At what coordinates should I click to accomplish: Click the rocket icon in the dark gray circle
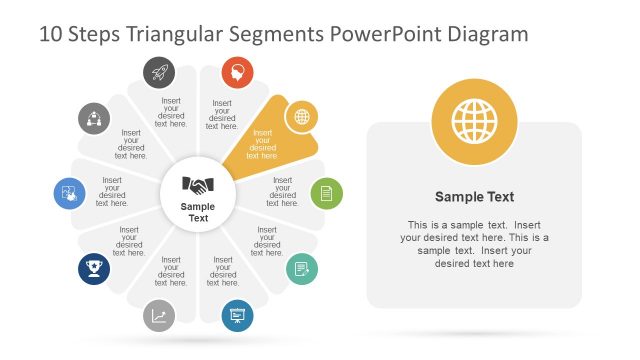pyautogui.click(x=159, y=71)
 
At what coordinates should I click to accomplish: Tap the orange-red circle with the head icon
pyautogui.click(x=237, y=71)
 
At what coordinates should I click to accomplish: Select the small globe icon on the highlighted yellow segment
pyautogui.click(x=301, y=116)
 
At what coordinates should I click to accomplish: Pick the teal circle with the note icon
pyautogui.click(x=301, y=269)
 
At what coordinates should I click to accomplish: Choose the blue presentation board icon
pyautogui.click(x=237, y=315)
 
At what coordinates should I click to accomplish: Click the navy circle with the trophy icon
pyautogui.click(x=94, y=269)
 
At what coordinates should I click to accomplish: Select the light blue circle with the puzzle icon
pyautogui.click(x=69, y=192)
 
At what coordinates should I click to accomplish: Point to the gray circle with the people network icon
pyautogui.click(x=94, y=117)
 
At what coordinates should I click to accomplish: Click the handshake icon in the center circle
pyautogui.click(x=198, y=185)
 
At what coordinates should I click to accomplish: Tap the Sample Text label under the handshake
pyautogui.click(x=198, y=212)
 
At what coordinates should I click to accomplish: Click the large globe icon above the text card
pyautogui.click(x=474, y=122)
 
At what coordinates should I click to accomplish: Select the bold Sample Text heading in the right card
pyautogui.click(x=474, y=197)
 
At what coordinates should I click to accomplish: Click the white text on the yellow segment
pyautogui.click(x=262, y=144)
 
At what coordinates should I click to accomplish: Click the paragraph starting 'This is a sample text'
pyautogui.click(x=474, y=244)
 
